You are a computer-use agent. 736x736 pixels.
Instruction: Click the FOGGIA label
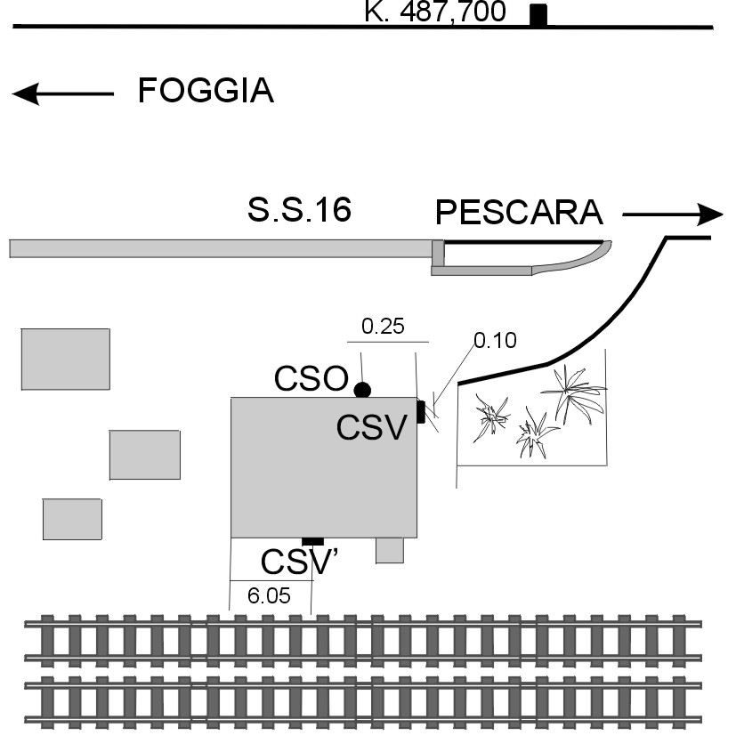(206, 92)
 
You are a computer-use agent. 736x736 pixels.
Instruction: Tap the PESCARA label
(519, 214)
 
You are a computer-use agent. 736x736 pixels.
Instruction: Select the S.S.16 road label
(299, 211)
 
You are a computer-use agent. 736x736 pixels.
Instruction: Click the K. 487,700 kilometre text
(435, 12)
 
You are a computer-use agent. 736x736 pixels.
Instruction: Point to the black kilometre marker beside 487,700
(538, 15)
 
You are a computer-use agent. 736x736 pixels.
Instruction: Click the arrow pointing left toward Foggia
(62, 93)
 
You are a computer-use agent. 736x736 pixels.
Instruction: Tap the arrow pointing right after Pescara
(673, 214)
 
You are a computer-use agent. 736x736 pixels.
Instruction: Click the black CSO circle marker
(362, 390)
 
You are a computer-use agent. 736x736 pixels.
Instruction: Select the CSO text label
(311, 379)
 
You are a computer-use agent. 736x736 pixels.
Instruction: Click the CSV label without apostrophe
(372, 428)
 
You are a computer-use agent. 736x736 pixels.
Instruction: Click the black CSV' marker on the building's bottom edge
(312, 541)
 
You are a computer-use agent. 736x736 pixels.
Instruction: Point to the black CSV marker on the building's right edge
(421, 412)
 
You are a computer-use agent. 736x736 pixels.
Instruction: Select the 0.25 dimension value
(383, 327)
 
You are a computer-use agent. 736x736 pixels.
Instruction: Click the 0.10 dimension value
(495, 340)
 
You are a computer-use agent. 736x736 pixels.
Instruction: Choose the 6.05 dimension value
(269, 596)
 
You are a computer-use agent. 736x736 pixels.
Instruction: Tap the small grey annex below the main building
(390, 550)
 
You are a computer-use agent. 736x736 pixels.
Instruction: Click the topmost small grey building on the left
(66, 359)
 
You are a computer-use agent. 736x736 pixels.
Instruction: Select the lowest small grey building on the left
(72, 519)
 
